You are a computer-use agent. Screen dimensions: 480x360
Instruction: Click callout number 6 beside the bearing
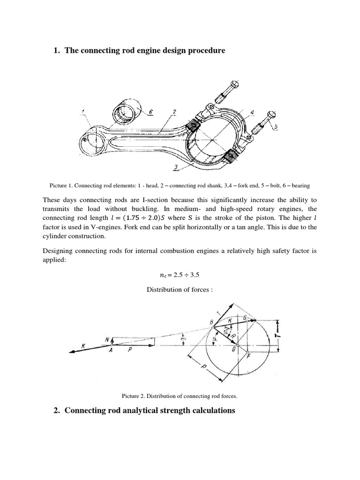pos(138,113)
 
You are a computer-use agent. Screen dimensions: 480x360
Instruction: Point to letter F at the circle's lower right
pos(248,357)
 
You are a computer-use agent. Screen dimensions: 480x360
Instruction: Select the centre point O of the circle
pos(238,345)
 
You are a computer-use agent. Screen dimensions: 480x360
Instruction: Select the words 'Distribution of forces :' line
pos(180,290)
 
